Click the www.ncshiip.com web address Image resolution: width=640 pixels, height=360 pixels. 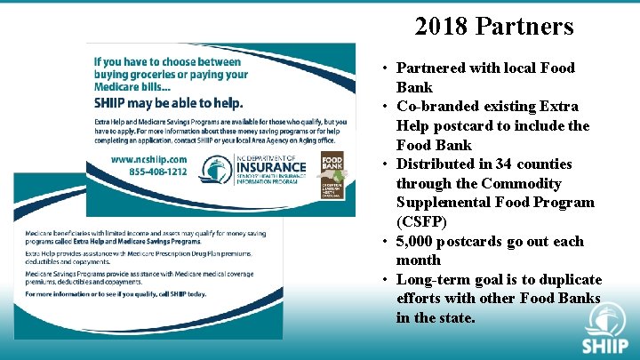click(148, 158)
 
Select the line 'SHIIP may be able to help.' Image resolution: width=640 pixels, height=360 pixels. click(168, 102)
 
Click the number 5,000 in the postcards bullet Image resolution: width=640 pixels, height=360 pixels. click(423, 241)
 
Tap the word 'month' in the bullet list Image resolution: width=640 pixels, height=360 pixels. click(419, 260)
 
